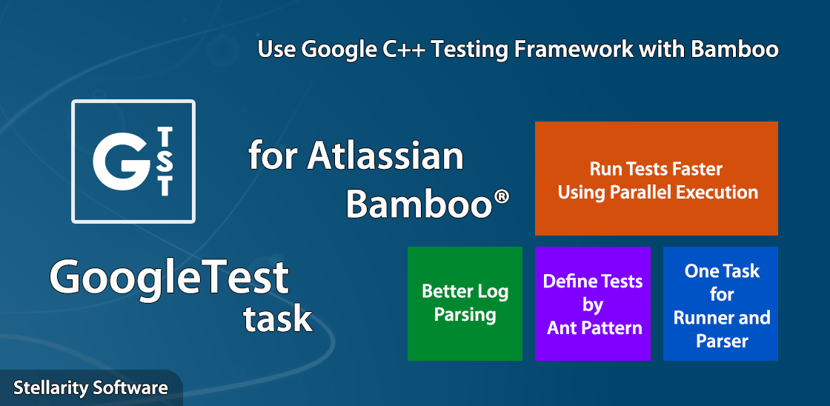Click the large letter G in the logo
click(x=122, y=160)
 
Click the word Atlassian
click(x=385, y=156)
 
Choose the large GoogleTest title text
click(x=170, y=279)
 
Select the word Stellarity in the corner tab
click(x=50, y=388)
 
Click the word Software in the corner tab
click(x=130, y=387)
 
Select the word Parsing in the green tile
click(x=465, y=315)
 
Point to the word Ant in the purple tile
click(x=561, y=328)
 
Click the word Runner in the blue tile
click(x=699, y=318)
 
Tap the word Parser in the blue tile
click(x=722, y=342)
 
